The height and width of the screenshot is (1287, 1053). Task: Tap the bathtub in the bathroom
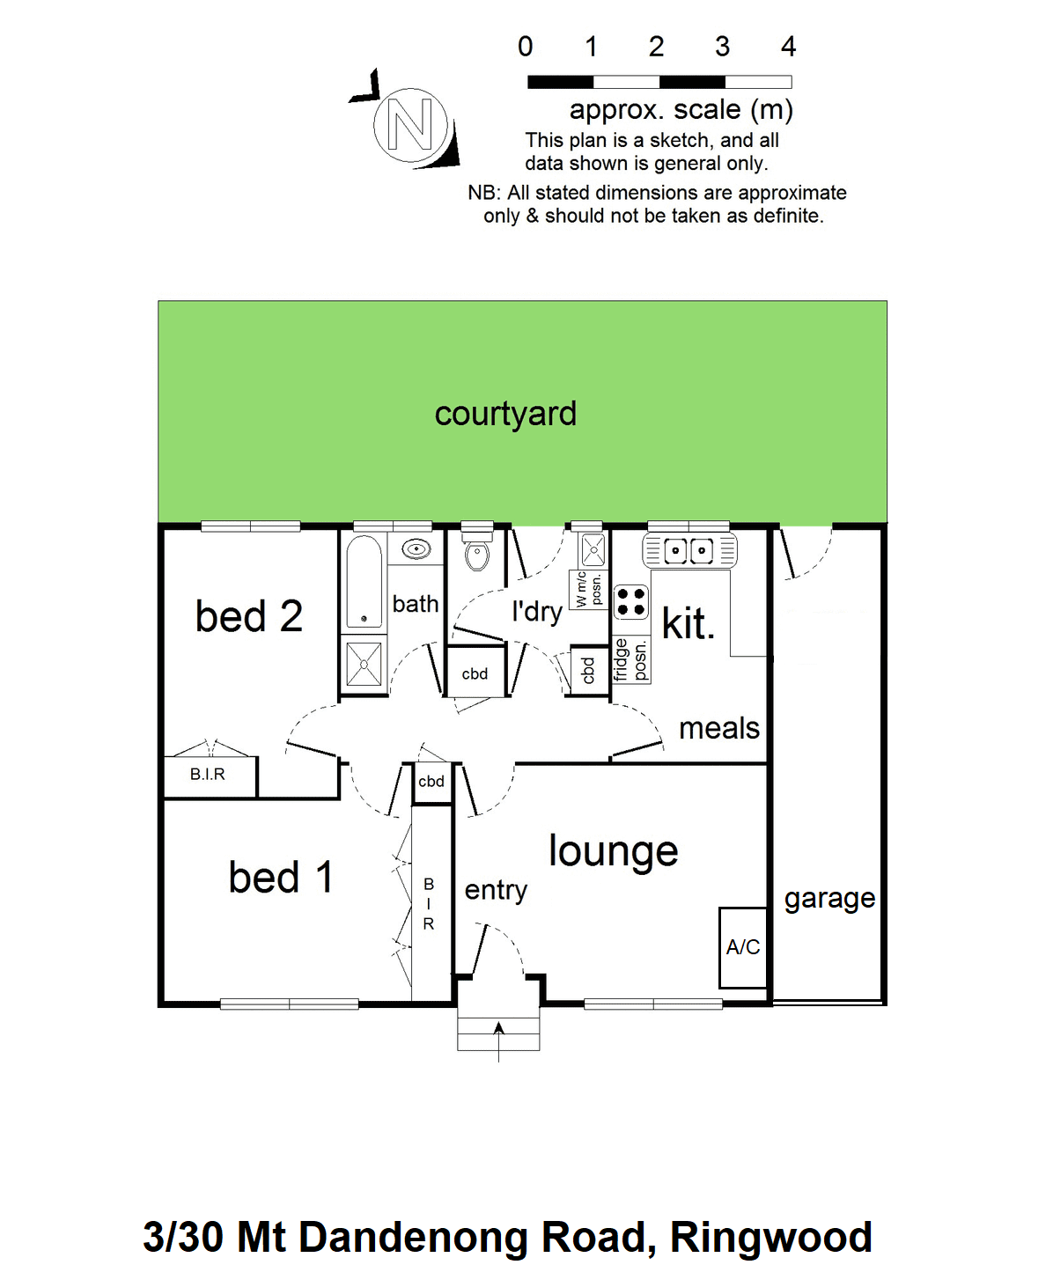[x=364, y=582]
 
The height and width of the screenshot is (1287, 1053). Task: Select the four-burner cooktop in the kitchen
[x=630, y=602]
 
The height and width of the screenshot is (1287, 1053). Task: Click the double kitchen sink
[x=689, y=550]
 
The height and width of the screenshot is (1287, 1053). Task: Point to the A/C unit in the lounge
[x=743, y=948]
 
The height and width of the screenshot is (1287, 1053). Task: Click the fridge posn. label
[x=630, y=659]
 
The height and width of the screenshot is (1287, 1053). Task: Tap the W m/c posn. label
[x=588, y=589]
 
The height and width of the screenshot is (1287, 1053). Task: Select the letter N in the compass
[x=410, y=124]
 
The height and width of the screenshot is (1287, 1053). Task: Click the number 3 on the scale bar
[x=722, y=47]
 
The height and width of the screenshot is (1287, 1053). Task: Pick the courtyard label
[x=505, y=415]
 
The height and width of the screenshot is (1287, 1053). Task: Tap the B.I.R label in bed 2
[x=208, y=774]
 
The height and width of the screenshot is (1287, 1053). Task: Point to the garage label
[x=829, y=899]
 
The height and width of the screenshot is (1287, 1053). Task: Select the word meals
[x=719, y=728]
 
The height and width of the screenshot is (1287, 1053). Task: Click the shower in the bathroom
[x=364, y=664]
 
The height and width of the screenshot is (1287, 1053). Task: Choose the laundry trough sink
[x=593, y=550]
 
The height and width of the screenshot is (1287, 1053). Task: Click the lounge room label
[x=614, y=851]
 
